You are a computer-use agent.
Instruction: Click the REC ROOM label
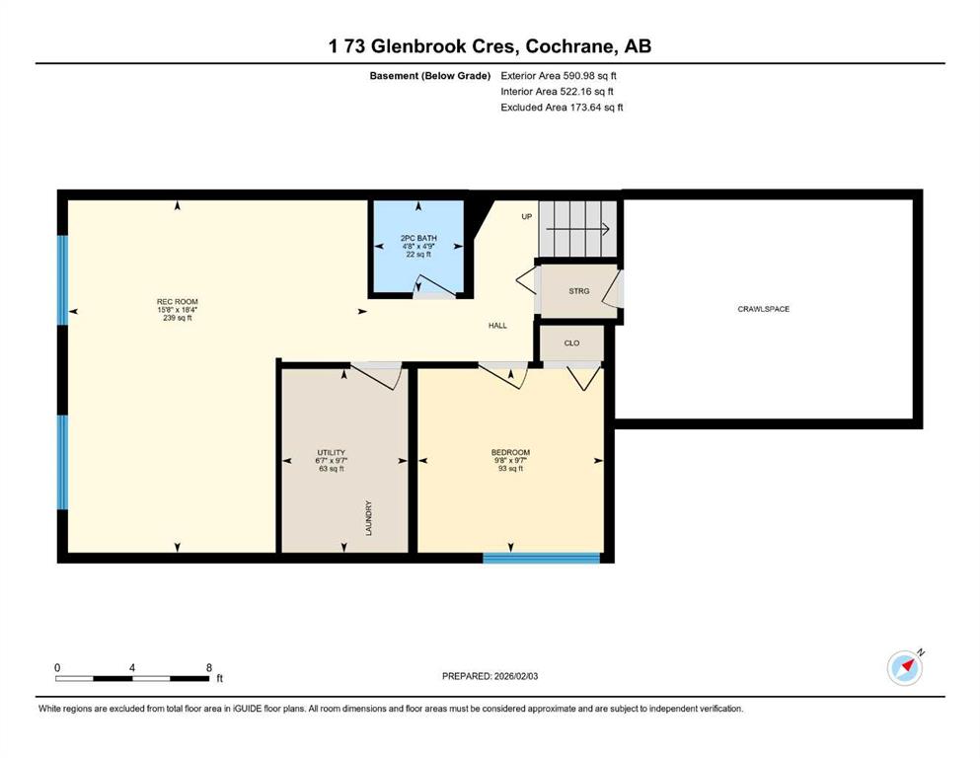pyautogui.click(x=178, y=302)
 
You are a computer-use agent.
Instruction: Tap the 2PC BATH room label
pyautogui.click(x=418, y=238)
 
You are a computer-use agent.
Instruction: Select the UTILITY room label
pyautogui.click(x=332, y=452)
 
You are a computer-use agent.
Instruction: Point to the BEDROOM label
pyautogui.click(x=510, y=452)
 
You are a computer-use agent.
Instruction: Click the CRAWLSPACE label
pyautogui.click(x=764, y=309)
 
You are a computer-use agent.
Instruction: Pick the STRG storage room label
pyautogui.click(x=578, y=291)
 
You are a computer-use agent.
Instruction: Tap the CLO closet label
pyautogui.click(x=571, y=343)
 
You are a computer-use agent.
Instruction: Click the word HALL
pyautogui.click(x=498, y=326)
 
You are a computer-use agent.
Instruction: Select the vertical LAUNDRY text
pyautogui.click(x=369, y=518)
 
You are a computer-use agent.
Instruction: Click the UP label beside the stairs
pyautogui.click(x=527, y=217)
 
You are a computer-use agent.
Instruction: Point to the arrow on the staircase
pyautogui.click(x=578, y=229)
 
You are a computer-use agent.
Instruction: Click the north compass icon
pyautogui.click(x=905, y=667)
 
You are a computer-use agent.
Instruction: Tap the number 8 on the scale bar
pyautogui.click(x=209, y=667)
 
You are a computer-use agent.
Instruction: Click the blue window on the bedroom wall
pyautogui.click(x=542, y=558)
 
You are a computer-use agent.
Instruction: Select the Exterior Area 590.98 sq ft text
pyautogui.click(x=559, y=76)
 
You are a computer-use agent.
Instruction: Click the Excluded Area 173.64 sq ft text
pyautogui.click(x=562, y=108)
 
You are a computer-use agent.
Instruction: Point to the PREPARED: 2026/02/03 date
pyautogui.click(x=490, y=676)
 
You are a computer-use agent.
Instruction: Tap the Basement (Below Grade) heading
pyautogui.click(x=430, y=76)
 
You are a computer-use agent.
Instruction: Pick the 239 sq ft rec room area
pyautogui.click(x=178, y=318)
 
